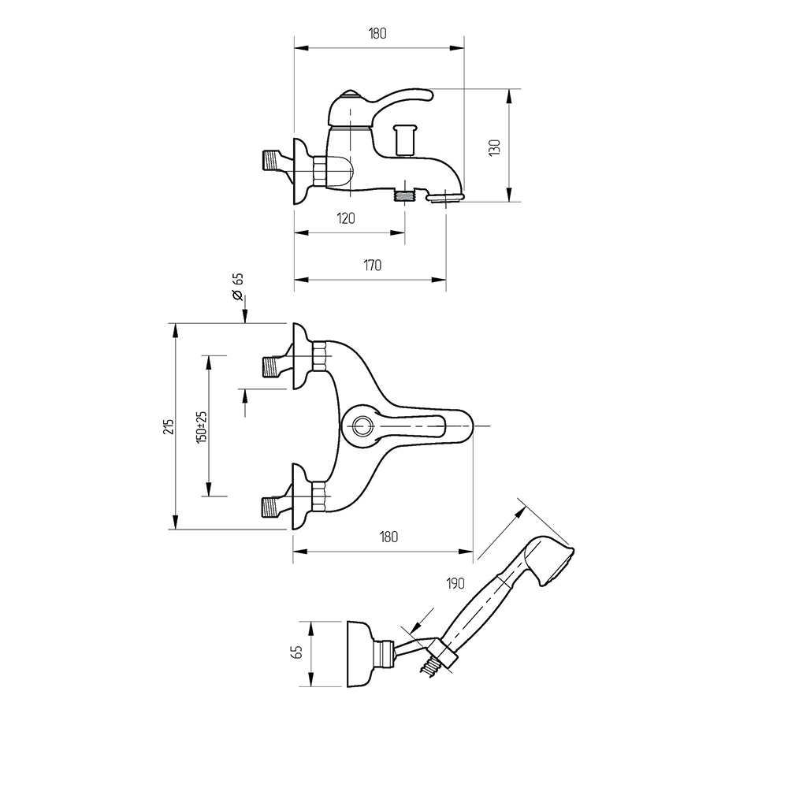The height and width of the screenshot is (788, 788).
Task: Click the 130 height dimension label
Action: [x=495, y=147]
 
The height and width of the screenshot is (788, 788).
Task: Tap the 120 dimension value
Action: [x=346, y=218]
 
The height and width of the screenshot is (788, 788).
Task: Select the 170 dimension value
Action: [x=373, y=265]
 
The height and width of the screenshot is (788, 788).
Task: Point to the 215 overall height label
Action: [x=169, y=426]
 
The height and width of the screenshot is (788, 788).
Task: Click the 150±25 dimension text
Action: [x=202, y=426]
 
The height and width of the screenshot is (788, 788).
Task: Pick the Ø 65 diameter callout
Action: [x=238, y=287]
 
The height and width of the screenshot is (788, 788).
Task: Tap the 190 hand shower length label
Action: [x=455, y=583]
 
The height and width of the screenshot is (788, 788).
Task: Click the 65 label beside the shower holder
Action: [x=296, y=652]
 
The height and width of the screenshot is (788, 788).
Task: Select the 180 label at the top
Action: [x=377, y=34]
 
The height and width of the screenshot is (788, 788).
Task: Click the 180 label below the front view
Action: [x=388, y=537]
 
